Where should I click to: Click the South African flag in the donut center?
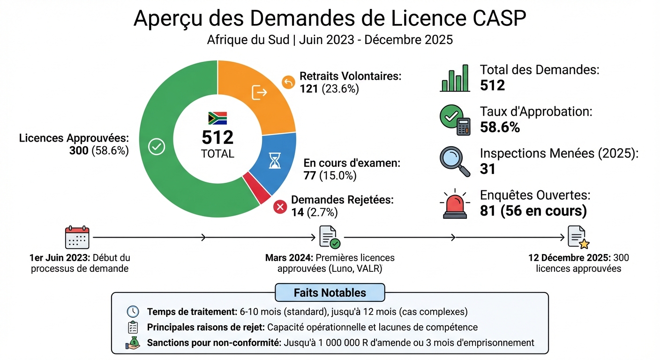(x=217, y=118)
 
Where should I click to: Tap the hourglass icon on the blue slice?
(x=274, y=160)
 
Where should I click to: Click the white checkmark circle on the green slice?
(x=156, y=147)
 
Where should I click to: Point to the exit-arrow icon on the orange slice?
(x=259, y=92)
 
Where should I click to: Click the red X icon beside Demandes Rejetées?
(x=280, y=206)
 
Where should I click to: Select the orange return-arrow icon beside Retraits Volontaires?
(x=288, y=82)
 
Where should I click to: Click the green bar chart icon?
(x=455, y=78)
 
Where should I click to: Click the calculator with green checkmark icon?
(x=455, y=120)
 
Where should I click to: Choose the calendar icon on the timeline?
(x=77, y=238)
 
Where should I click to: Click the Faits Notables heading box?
(x=330, y=292)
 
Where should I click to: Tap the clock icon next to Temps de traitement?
(x=133, y=312)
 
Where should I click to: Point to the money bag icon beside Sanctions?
(x=133, y=343)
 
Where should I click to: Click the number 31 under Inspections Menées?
(x=487, y=169)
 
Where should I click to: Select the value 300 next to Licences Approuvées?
(x=79, y=150)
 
